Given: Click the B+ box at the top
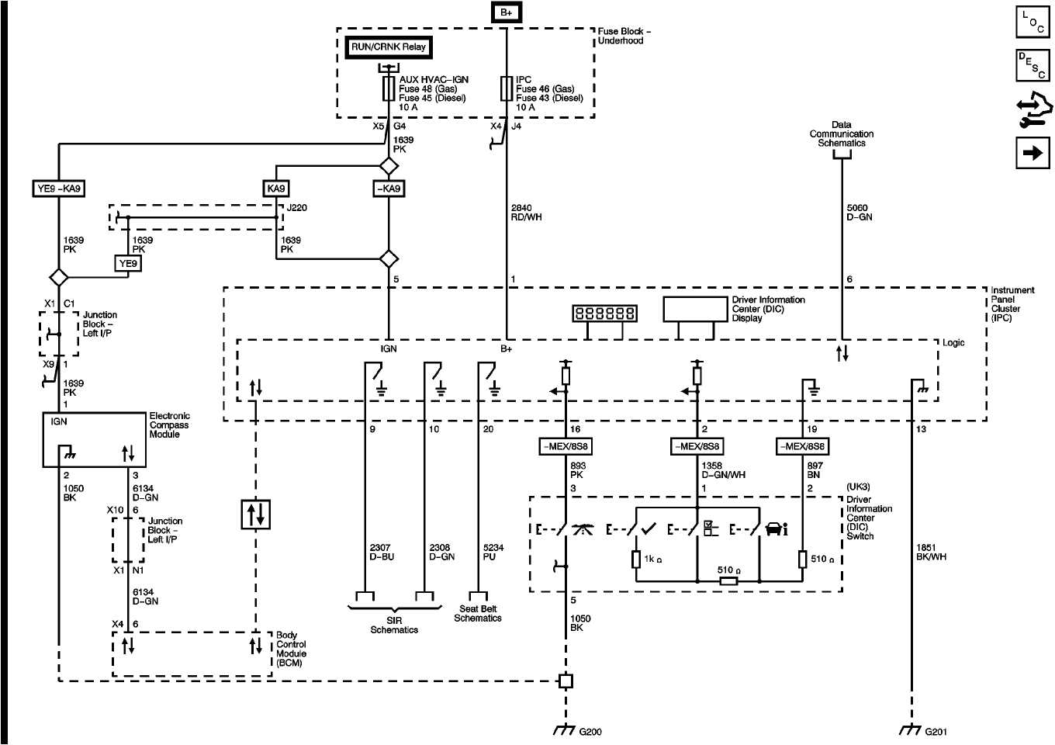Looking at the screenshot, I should click(506, 12).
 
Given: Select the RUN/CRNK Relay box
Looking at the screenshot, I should click(388, 47).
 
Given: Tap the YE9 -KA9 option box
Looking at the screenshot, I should click(59, 189).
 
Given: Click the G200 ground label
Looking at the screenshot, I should click(590, 731).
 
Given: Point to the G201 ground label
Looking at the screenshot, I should click(936, 731).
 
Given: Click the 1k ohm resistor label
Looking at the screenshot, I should click(653, 559).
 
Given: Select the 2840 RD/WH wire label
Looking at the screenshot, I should click(526, 213).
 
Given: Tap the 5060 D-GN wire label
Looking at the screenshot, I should click(859, 213).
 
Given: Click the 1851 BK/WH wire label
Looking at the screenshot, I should click(931, 552).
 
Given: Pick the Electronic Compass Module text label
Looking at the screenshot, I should click(169, 425).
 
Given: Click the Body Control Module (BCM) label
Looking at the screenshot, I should click(291, 649).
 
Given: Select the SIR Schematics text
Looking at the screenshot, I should click(394, 625).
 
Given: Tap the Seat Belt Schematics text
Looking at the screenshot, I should click(478, 614).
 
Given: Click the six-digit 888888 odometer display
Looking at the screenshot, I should click(604, 313).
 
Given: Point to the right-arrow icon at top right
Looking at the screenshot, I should click(1033, 153).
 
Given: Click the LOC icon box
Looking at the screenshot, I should click(1033, 22).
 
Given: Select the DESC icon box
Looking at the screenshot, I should click(1033, 65).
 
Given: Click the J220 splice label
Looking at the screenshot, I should click(296, 208).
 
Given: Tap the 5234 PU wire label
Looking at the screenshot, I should click(493, 552).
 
